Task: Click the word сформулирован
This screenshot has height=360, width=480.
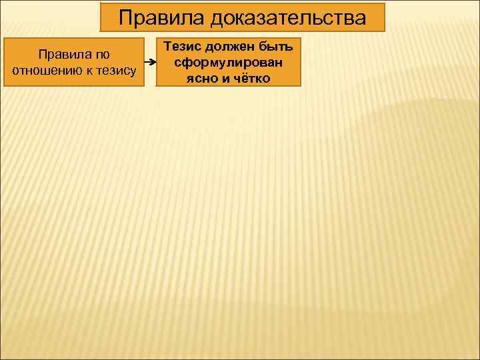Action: pyautogui.click(x=228, y=62)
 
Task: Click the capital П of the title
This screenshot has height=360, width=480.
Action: pyautogui.click(x=126, y=18)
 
